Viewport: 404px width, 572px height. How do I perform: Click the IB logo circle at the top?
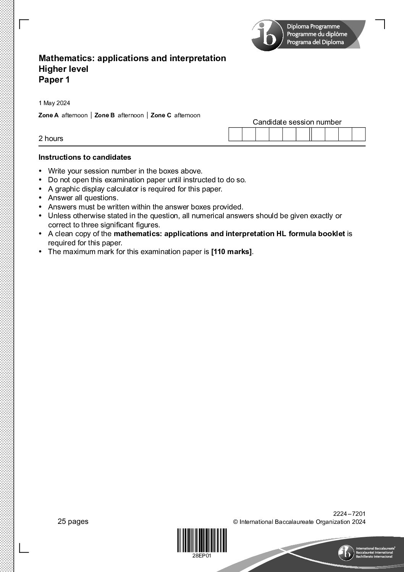point(267,36)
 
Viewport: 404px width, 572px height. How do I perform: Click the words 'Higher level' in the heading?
point(63,69)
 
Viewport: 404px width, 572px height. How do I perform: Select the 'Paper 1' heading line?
point(54,80)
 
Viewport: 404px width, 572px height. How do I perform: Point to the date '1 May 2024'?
point(54,103)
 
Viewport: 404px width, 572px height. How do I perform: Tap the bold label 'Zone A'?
point(48,115)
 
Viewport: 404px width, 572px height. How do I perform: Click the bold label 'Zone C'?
point(161,115)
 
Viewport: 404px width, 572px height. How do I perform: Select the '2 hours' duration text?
point(51,139)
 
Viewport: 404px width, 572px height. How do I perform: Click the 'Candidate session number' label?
point(297,122)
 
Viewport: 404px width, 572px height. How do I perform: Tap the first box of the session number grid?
point(235,134)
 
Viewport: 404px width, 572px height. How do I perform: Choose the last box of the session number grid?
point(359,134)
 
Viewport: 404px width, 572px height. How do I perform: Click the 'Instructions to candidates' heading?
point(85,157)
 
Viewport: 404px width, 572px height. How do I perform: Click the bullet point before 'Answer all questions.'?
point(40,198)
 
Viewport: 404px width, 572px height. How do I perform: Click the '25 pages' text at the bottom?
point(73,522)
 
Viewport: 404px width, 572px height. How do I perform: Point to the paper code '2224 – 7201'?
point(349,514)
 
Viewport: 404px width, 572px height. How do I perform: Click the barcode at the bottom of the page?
point(202,540)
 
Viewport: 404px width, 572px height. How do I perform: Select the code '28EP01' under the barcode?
point(202,556)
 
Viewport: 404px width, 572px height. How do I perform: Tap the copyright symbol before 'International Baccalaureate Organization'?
point(236,522)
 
